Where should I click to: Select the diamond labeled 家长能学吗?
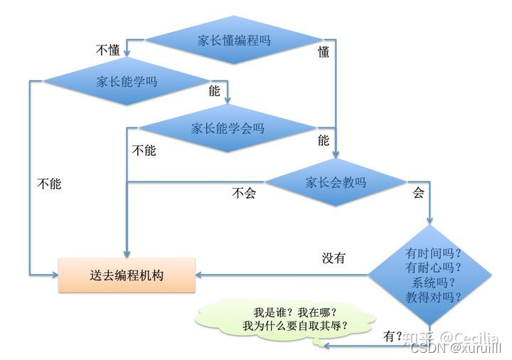tap(127, 82)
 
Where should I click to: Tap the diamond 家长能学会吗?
tap(228, 129)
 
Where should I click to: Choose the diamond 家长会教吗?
tap(336, 182)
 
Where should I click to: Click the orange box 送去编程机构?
tap(127, 275)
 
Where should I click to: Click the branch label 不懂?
tap(107, 50)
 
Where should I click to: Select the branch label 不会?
tap(243, 193)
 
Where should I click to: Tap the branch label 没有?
tap(334, 258)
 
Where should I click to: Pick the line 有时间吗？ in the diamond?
tap(433, 253)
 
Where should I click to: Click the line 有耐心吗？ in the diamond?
tap(433, 268)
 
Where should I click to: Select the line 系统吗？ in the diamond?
tap(433, 282)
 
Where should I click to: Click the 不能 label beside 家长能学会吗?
tap(144, 151)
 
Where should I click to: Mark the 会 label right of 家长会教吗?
tap(418, 193)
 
